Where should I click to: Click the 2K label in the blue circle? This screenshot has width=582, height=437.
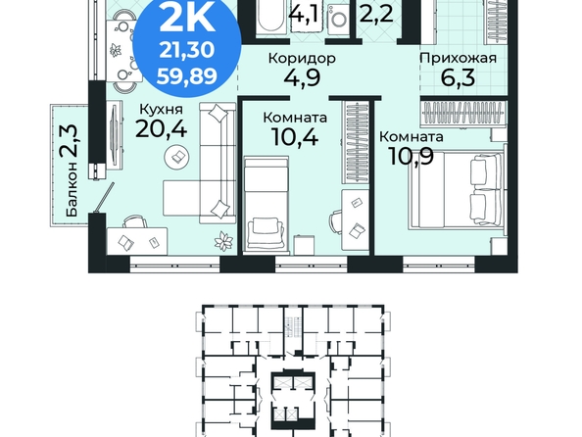[187, 19]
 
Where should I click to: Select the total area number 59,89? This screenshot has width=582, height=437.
[187, 76]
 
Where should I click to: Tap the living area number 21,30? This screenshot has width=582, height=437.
[187, 49]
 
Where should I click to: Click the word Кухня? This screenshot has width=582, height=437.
[162, 109]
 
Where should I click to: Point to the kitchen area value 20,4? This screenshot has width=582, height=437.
[161, 129]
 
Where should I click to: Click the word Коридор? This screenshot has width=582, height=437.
[302, 58]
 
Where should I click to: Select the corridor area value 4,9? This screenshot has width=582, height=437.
[302, 77]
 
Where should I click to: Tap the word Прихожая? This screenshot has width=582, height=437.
[458, 58]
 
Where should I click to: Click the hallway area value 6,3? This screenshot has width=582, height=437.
[458, 77]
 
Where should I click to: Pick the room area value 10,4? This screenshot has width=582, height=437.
[295, 136]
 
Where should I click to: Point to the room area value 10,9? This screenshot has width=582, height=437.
[412, 156]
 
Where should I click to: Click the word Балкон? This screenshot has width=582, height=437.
[72, 189]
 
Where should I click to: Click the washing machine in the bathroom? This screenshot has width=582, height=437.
[338, 19]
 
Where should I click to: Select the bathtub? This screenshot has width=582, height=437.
[271, 17]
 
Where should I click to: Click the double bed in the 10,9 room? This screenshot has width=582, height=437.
[458, 190]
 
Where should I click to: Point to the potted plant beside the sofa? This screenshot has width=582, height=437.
[223, 241]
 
